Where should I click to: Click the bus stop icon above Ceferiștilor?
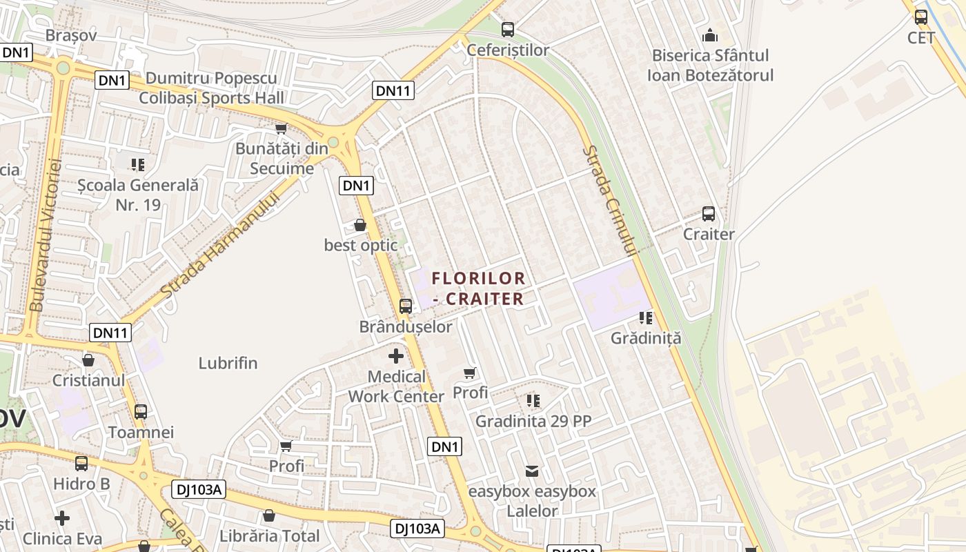point(508,29)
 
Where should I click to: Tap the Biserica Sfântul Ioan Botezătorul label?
point(710,65)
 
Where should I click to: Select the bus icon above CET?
point(921,17)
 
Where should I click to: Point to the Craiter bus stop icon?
point(709,214)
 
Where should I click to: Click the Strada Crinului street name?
point(609,200)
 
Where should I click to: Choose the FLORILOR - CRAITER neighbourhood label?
point(479,288)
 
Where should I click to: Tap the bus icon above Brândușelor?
point(406,306)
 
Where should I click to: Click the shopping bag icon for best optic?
point(360,225)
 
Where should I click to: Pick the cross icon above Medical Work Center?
point(396,356)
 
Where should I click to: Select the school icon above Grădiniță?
point(646,318)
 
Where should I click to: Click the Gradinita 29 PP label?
point(533,421)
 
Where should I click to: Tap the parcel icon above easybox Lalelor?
point(532,471)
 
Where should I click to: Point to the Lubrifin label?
point(228,363)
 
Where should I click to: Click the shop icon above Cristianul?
point(88,360)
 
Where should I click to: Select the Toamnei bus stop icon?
point(141,412)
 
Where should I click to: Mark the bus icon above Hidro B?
point(81,464)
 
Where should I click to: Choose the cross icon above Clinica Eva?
point(62,517)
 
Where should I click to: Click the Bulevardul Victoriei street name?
point(46,235)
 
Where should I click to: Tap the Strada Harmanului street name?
point(220,245)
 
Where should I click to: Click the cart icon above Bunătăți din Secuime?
point(281,129)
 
